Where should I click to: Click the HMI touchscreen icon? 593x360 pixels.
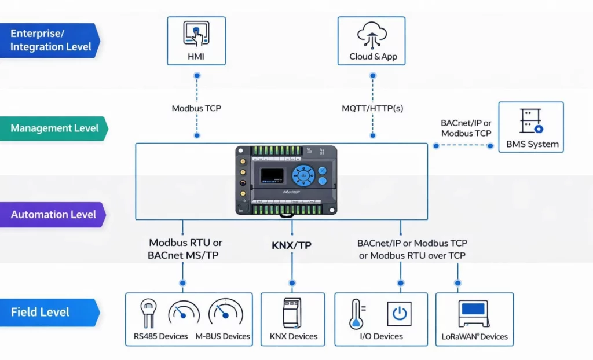[196, 34]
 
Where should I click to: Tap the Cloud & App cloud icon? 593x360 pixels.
[372, 34]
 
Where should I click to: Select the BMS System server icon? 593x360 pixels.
[531, 122]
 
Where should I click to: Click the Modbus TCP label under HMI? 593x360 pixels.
[196, 108]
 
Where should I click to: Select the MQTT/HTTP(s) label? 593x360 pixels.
[372, 108]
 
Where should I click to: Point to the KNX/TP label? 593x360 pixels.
[291, 245]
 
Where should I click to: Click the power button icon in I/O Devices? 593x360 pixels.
[399, 314]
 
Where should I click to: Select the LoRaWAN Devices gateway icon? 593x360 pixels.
[474, 314]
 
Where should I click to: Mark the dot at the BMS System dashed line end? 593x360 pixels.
[490, 146]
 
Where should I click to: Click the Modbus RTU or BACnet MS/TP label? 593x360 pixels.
[185, 249]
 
